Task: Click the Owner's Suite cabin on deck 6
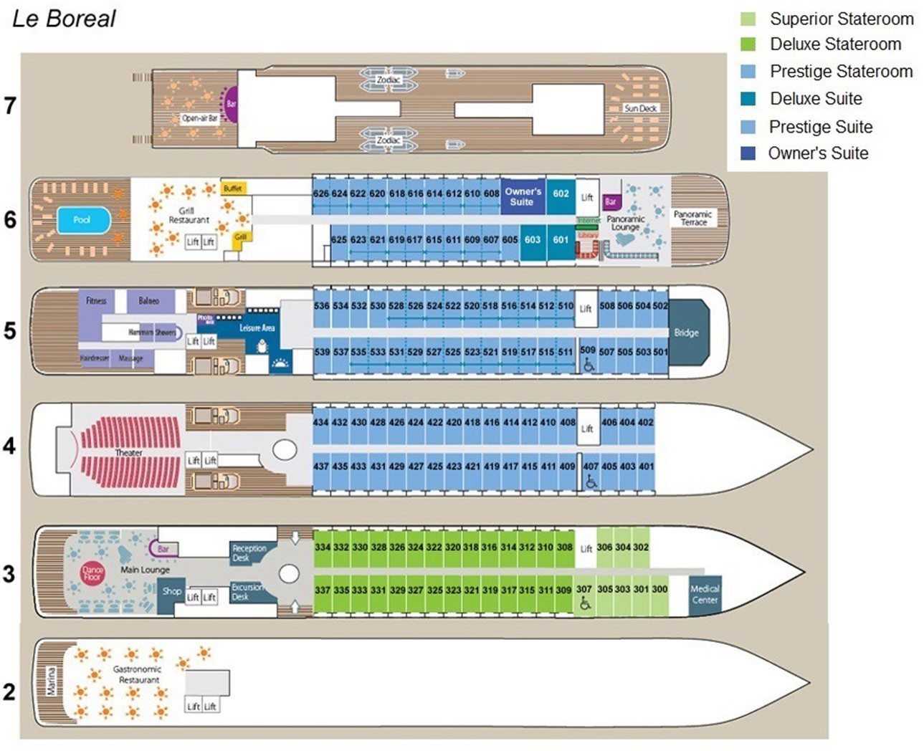click(x=523, y=197)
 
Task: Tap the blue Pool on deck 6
click(x=82, y=220)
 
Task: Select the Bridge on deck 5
click(x=687, y=333)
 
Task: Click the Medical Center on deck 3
click(x=704, y=594)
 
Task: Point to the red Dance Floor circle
click(x=92, y=573)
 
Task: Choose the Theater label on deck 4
click(x=129, y=453)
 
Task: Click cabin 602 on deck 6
click(x=561, y=194)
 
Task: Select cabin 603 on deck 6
click(x=533, y=240)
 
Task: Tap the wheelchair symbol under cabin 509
click(x=589, y=365)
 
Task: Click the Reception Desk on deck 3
click(x=249, y=553)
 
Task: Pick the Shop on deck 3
click(x=171, y=592)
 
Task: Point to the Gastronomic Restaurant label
click(x=138, y=674)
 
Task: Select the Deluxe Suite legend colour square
click(x=748, y=99)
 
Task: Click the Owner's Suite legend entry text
click(x=818, y=153)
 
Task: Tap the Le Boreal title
click(x=64, y=19)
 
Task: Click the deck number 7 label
click(x=10, y=106)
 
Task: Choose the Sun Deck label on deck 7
click(x=640, y=108)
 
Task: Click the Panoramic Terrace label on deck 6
click(x=693, y=218)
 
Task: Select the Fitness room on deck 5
click(x=96, y=301)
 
